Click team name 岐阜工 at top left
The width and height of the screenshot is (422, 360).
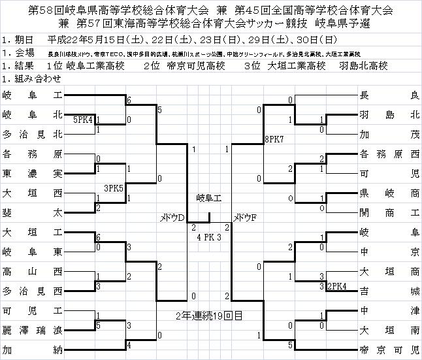click(x=33, y=96)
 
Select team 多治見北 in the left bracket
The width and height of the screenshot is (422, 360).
click(x=33, y=135)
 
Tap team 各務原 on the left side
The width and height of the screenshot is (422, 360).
click(x=33, y=155)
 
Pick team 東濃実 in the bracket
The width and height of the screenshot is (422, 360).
click(x=33, y=174)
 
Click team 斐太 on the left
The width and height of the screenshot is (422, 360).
click(x=33, y=212)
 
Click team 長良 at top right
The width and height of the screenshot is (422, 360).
click(x=389, y=96)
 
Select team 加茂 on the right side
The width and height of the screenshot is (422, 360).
click(x=389, y=135)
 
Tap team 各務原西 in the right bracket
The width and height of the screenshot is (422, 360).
click(x=389, y=155)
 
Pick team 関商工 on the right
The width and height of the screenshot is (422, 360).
click(x=389, y=212)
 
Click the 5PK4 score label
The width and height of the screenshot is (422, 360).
click(x=84, y=120)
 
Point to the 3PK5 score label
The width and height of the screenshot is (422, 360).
click(x=114, y=188)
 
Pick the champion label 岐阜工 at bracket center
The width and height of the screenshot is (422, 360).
click(x=209, y=198)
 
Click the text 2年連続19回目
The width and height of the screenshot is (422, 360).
click(x=209, y=316)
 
